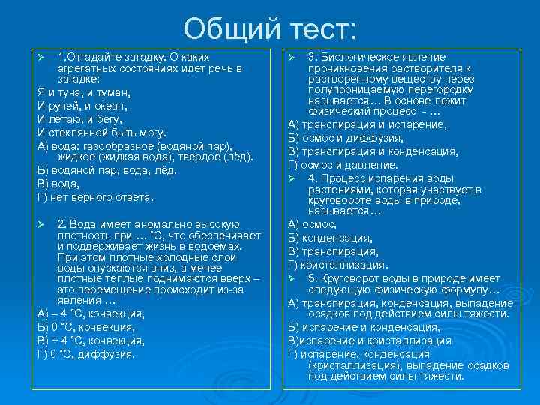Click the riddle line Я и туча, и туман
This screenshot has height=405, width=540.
[84, 92]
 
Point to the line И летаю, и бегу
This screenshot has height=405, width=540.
[79, 119]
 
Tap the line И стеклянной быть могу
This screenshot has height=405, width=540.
[100, 132]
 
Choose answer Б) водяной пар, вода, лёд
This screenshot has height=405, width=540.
[106, 170]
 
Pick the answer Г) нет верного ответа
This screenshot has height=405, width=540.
[95, 197]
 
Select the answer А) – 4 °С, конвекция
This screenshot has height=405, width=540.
[91, 313]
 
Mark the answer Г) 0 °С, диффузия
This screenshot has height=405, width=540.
[86, 354]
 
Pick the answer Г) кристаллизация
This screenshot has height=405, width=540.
[338, 264]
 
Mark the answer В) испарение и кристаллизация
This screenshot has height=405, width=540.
[370, 340]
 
